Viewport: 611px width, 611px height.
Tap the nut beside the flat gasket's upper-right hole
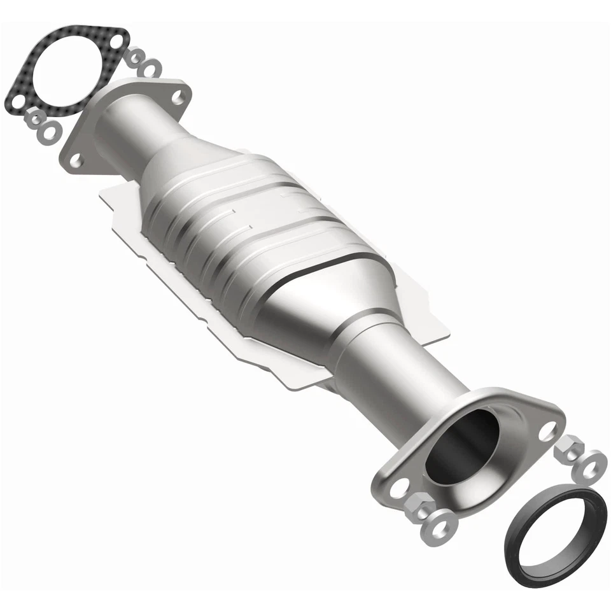(133, 58)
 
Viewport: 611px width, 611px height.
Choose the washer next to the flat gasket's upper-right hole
(151, 67)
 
